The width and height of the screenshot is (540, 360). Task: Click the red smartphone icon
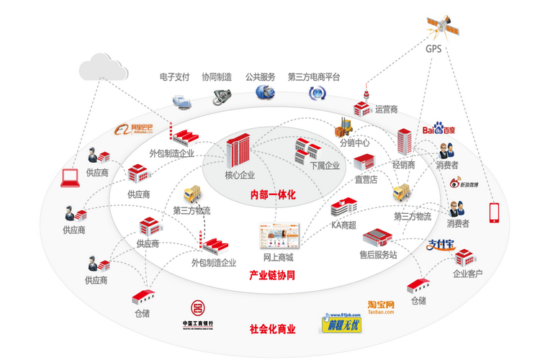pyautogui.click(x=494, y=212)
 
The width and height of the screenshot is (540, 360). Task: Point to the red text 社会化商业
pyautogui.click(x=272, y=328)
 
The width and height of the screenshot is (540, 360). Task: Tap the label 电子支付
pyautogui.click(x=174, y=76)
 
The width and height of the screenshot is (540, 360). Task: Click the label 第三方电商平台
pyautogui.click(x=313, y=76)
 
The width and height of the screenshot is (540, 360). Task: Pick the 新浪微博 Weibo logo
pyautogui.click(x=463, y=184)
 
